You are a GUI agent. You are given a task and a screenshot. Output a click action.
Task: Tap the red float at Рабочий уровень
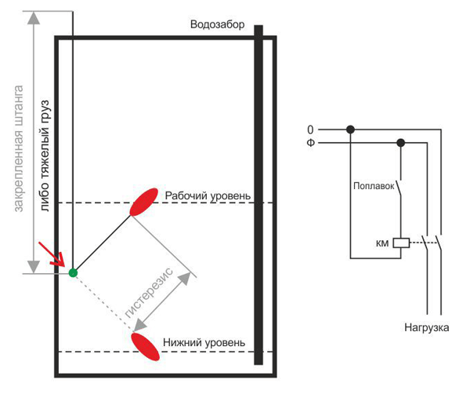[143, 202]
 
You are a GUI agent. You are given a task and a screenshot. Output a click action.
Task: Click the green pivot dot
[73, 272]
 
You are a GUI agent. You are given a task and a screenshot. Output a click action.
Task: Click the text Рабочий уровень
[208, 195]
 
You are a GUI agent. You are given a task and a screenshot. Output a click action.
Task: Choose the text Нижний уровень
[204, 342]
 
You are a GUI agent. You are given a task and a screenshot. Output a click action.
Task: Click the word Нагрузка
[427, 327]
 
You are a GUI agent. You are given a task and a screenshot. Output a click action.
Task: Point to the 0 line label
[310, 130]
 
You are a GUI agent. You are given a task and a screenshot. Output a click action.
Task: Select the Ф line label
[310, 143]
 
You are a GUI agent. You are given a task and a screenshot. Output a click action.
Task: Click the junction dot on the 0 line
[351, 130]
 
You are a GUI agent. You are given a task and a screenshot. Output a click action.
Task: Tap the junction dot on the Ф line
[401, 143]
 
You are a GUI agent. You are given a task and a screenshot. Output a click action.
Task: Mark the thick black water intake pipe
[258, 196]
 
